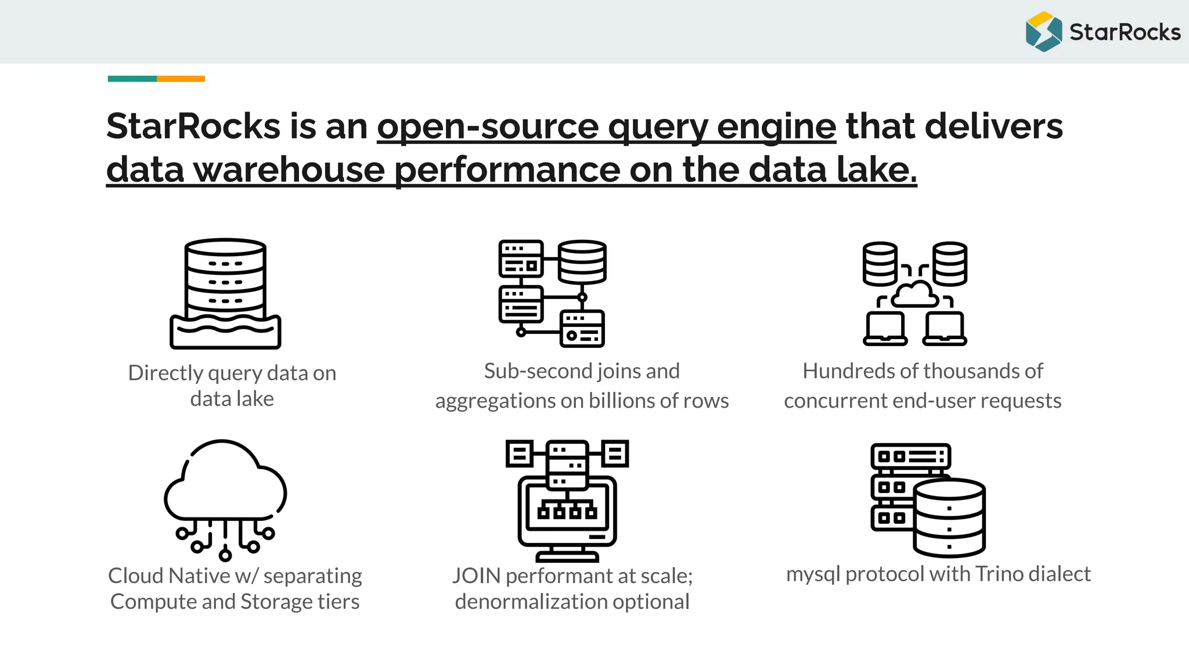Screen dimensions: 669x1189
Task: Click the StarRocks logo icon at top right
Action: (1043, 31)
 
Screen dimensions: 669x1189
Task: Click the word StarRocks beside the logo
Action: (1125, 32)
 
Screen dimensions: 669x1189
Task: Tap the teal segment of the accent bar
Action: (132, 78)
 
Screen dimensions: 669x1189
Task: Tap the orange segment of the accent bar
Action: (181, 78)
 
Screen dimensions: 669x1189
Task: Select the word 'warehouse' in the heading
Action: (289, 169)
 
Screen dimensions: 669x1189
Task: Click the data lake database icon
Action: (225, 293)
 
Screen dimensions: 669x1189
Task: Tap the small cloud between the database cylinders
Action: (914, 294)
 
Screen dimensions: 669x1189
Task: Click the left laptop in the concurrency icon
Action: (885, 329)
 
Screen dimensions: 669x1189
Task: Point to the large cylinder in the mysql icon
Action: (949, 517)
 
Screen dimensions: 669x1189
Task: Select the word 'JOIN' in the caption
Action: (476, 576)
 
